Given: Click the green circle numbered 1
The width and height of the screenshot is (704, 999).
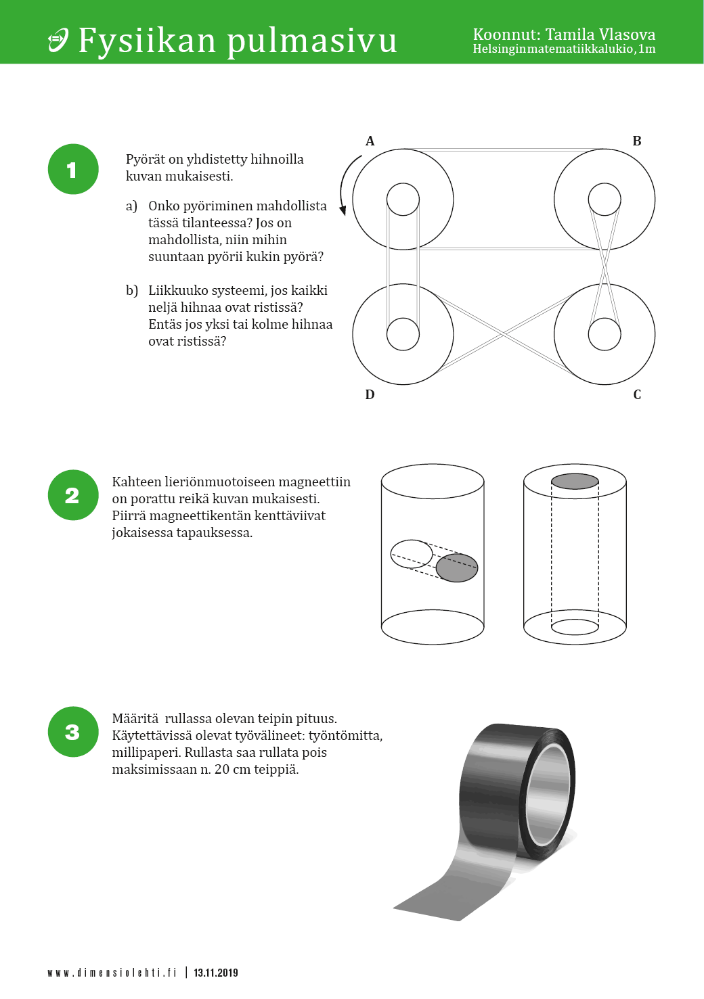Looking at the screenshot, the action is [x=73, y=169].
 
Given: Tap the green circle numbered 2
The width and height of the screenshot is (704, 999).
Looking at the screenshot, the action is [x=73, y=495].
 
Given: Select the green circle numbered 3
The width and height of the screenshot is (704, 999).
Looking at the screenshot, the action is [x=73, y=732].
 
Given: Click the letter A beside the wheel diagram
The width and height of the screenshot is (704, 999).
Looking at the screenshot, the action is [x=370, y=141].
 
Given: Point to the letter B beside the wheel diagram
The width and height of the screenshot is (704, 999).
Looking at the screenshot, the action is [x=636, y=141].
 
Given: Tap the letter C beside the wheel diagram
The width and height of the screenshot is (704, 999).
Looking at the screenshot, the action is [x=637, y=395].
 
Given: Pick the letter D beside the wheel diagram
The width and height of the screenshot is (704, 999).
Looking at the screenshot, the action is [x=370, y=395].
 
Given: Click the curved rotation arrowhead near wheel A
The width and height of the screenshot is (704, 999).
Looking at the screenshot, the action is [x=343, y=210].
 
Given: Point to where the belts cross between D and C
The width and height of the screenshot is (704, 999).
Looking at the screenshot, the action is [x=504, y=334].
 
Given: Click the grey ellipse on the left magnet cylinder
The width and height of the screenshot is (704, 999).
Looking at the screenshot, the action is [x=457, y=567].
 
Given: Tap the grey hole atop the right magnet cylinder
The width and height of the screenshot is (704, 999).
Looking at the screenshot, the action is [x=575, y=481].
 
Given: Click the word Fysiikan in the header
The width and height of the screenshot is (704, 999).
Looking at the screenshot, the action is [x=147, y=41].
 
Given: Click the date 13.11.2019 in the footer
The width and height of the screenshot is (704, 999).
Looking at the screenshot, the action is [x=216, y=973].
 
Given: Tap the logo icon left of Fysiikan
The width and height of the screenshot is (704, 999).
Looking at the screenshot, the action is [x=58, y=40].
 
